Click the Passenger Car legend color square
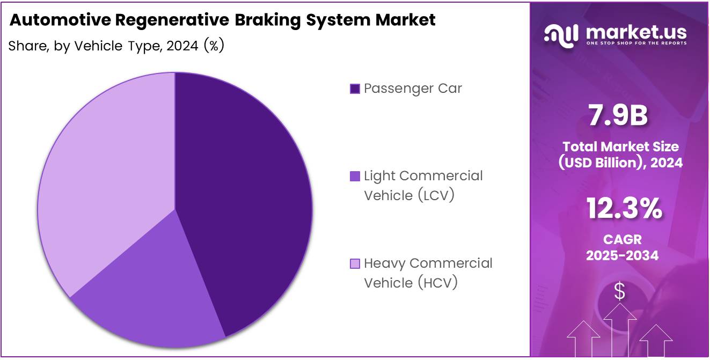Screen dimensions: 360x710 [355, 89]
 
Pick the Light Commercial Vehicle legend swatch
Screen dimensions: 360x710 [355, 176]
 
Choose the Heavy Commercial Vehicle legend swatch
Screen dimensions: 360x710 [355, 263]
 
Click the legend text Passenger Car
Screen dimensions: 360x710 [413, 89]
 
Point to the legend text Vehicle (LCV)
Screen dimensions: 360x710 [409, 195]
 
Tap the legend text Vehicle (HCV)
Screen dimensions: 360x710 [411, 283]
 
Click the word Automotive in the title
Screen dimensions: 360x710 [59, 20]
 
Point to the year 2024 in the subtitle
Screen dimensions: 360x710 [183, 46]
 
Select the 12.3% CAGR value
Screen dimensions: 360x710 [624, 209]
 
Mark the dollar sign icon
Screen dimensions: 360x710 [620, 292]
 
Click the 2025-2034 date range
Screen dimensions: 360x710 [622, 255]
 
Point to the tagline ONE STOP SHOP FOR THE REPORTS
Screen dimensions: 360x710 [636, 43]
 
